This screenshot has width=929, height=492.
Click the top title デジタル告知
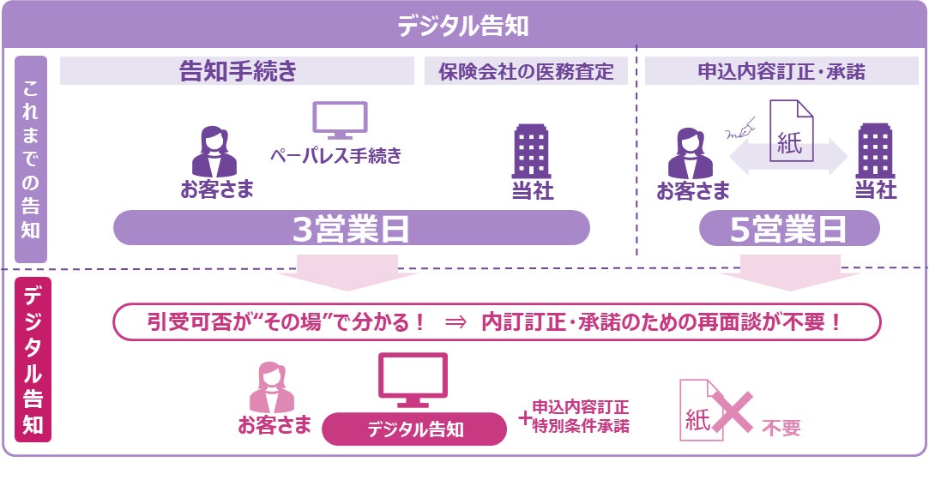point(463,25)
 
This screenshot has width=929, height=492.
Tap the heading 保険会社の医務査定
point(526,72)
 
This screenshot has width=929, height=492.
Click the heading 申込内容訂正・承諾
point(781,72)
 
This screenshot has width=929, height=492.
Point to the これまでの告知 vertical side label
point(31,159)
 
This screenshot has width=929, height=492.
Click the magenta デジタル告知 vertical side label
point(33,360)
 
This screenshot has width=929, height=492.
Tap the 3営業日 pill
point(351,229)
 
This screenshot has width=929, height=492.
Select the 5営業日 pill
point(788,229)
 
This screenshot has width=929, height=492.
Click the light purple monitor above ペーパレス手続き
point(339,120)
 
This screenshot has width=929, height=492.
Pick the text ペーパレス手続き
point(335,156)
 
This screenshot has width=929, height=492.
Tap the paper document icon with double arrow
point(789,137)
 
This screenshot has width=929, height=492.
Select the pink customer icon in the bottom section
point(272,387)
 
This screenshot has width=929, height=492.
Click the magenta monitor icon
point(413,380)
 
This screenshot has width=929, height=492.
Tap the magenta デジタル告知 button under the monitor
point(415,429)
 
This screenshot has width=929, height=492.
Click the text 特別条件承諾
point(581,425)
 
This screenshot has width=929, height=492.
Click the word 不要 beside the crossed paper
point(781,428)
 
